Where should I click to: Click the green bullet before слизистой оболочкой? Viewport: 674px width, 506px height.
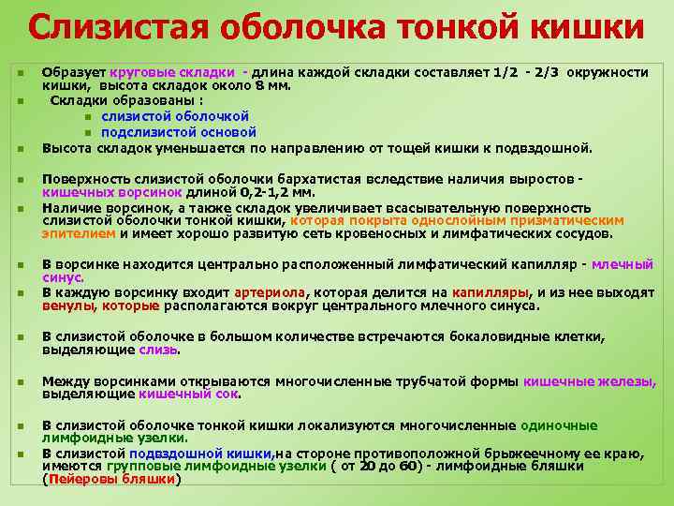tap(87, 117)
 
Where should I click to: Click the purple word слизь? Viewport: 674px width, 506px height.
tap(157, 350)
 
